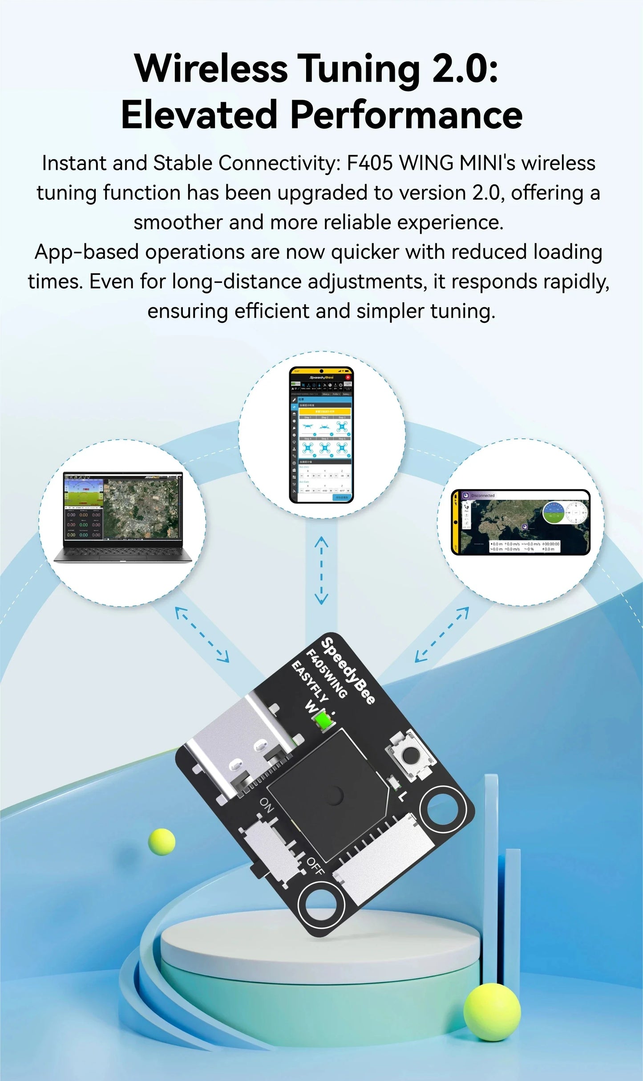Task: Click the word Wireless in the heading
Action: pyautogui.click(x=211, y=69)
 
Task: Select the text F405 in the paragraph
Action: pyautogui.click(x=369, y=163)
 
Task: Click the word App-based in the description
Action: pyautogui.click(x=87, y=252)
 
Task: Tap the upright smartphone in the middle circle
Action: pyautogui.click(x=321, y=435)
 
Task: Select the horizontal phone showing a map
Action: pyautogui.click(x=520, y=522)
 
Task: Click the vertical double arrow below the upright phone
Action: pyautogui.click(x=321, y=570)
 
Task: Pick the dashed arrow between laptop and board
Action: pyautogui.click(x=202, y=634)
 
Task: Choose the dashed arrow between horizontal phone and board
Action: pyautogui.click(x=442, y=634)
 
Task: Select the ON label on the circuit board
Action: pyautogui.click(x=267, y=804)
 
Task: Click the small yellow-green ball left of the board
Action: pyautogui.click(x=162, y=841)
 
